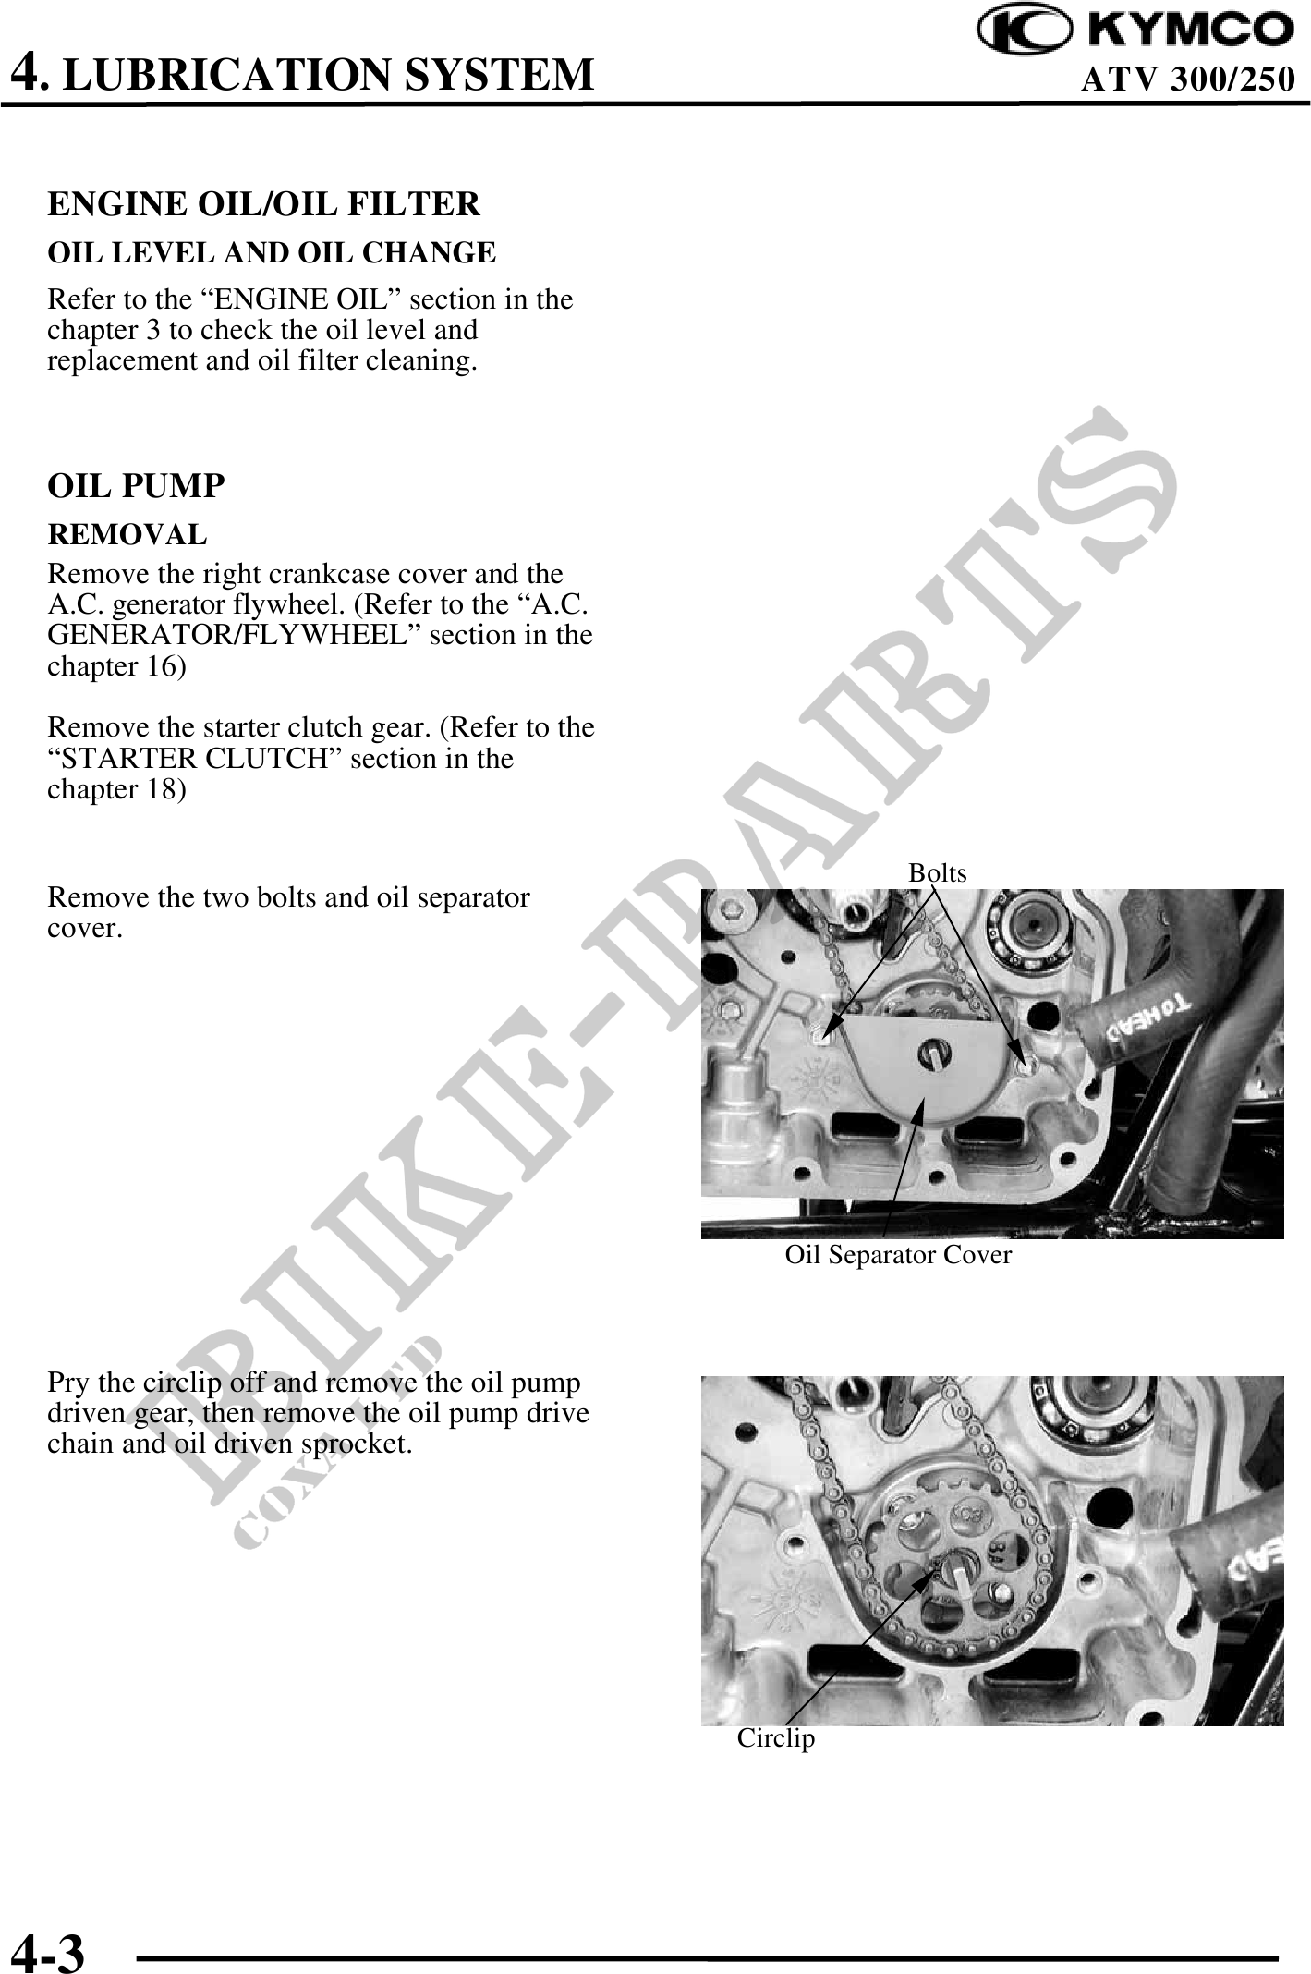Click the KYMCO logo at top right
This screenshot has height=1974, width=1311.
[1136, 30]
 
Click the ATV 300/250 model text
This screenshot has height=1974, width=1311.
[1187, 79]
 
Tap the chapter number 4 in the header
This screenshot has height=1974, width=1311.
[25, 71]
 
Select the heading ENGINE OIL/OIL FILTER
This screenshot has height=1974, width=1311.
[263, 204]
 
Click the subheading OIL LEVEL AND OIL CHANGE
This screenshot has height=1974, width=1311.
[272, 252]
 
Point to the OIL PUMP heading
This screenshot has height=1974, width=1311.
[136, 486]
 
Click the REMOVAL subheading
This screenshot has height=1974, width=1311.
[127, 534]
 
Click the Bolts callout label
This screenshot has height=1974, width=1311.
[937, 873]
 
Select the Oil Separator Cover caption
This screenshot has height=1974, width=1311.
[898, 1255]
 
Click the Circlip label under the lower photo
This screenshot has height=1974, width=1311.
[776, 1738]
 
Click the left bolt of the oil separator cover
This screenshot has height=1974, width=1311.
[821, 1032]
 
